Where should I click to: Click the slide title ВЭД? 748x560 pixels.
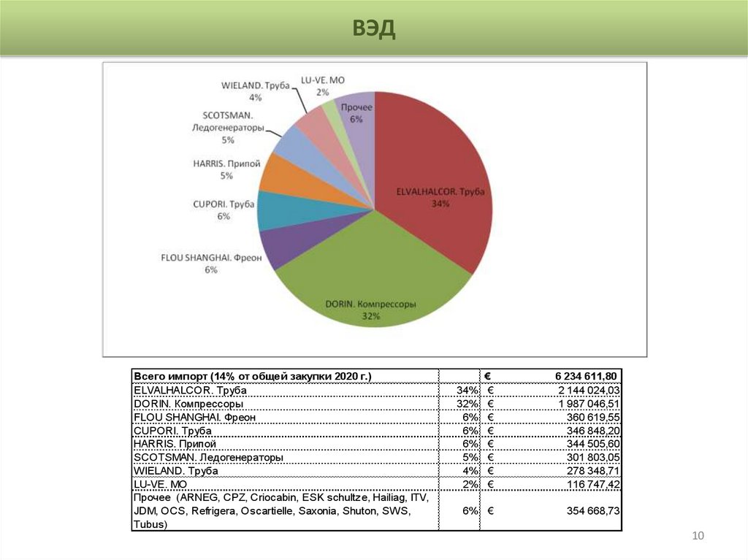point(374,28)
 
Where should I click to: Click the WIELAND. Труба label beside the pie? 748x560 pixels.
point(256,86)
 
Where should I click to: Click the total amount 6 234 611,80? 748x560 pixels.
point(585,376)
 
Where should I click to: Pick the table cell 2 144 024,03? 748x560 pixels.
point(589,390)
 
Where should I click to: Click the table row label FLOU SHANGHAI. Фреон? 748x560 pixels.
point(195,417)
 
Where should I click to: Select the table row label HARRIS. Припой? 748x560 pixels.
point(175,444)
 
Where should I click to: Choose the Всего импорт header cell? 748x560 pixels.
point(253,376)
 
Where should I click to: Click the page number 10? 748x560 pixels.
point(698,537)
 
